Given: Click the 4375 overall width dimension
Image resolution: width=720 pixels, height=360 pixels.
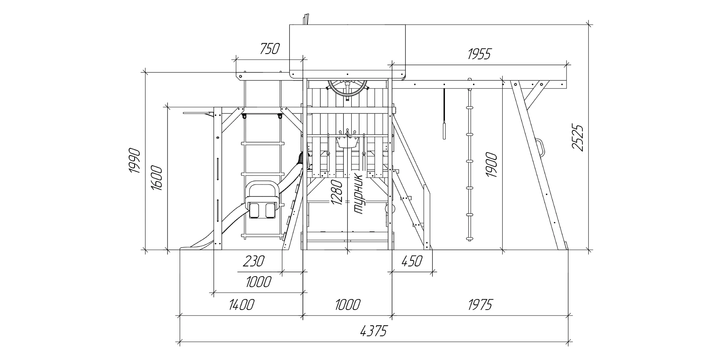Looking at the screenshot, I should pyautogui.click(x=373, y=330).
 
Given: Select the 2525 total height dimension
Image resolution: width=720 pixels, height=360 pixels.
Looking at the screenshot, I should pyautogui.click(x=577, y=138).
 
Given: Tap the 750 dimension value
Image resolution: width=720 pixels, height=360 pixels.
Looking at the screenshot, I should pyautogui.click(x=270, y=49).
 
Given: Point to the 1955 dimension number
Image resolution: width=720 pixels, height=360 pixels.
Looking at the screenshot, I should pyautogui.click(x=479, y=54).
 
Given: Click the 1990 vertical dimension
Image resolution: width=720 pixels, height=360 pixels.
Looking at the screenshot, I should pyautogui.click(x=135, y=160).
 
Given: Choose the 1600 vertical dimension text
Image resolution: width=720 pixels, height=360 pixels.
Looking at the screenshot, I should pyautogui.click(x=157, y=178).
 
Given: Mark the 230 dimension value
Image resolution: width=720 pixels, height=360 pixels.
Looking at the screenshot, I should pyautogui.click(x=253, y=261).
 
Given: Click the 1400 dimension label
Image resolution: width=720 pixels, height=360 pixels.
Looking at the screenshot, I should pyautogui.click(x=241, y=305).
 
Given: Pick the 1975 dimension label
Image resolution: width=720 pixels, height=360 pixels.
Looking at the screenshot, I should pyautogui.click(x=480, y=305).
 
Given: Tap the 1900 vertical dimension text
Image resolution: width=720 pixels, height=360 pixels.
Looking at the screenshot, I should pyautogui.click(x=492, y=165).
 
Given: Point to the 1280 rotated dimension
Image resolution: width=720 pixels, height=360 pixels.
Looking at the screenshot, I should pyautogui.click(x=337, y=192).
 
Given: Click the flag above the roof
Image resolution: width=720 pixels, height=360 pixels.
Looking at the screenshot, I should pyautogui.click(x=306, y=19).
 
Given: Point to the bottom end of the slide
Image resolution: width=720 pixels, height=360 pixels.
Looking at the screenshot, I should pyautogui.click(x=185, y=248).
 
